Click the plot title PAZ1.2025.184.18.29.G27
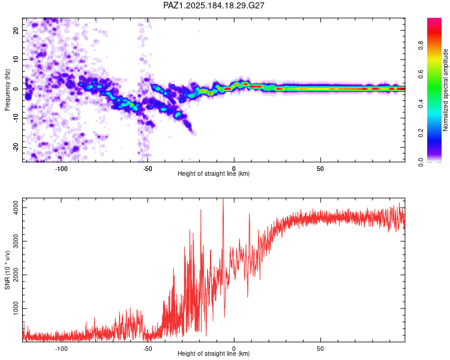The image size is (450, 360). (214, 5)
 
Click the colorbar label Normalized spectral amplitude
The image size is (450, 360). (445, 90)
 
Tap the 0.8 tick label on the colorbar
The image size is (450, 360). (421, 46)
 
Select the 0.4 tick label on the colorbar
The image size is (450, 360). (421, 103)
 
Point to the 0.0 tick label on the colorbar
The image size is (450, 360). (421, 162)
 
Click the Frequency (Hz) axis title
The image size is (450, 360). (7, 90)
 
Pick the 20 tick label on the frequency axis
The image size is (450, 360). (16, 31)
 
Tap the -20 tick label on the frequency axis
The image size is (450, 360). (16, 147)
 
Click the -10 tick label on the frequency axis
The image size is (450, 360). (16, 118)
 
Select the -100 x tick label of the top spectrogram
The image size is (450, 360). (61, 169)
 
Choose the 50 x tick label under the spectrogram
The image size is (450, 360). (320, 169)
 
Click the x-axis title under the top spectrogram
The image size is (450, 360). (214, 173)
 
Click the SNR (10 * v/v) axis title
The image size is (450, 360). (7, 270)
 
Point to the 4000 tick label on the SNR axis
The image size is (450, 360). (16, 207)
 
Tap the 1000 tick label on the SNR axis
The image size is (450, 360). (16, 308)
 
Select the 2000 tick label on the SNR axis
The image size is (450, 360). (16, 275)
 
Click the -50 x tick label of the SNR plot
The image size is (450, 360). (147, 349)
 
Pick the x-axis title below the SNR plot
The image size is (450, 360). (214, 353)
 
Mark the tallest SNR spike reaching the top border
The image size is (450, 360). (223, 201)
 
